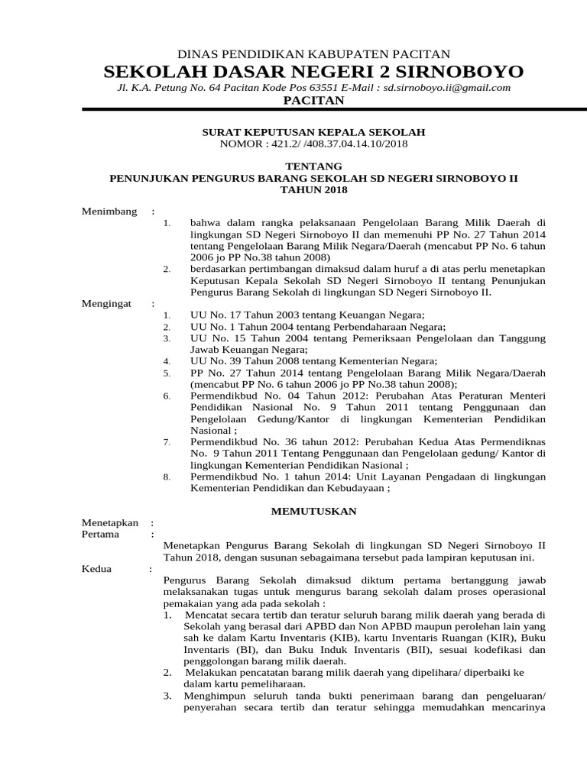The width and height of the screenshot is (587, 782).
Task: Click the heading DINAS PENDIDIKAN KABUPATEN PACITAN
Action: coord(313,53)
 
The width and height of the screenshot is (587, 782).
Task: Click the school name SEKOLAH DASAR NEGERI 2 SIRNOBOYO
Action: coord(313,72)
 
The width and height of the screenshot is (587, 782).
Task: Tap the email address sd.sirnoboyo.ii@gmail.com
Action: coord(446,88)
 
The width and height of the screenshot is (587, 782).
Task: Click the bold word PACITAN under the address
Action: coord(313,101)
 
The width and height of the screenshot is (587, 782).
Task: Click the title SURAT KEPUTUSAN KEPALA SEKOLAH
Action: coord(313,132)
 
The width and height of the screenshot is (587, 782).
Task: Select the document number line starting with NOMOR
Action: coord(313,143)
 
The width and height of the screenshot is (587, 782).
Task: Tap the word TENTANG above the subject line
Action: coord(313,166)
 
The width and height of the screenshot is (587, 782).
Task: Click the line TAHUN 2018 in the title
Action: coord(313,189)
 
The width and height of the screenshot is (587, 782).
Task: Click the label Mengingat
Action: coord(107,303)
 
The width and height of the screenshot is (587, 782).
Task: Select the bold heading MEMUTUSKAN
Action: coord(314,511)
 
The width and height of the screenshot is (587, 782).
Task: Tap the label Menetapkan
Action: coord(110,522)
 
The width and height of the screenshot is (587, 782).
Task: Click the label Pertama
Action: coord(100,534)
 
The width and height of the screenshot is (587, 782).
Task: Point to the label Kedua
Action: coord(96,568)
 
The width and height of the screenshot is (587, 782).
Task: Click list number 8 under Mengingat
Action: coord(167,477)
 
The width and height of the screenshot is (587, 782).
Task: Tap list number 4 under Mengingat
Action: coord(167,361)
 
